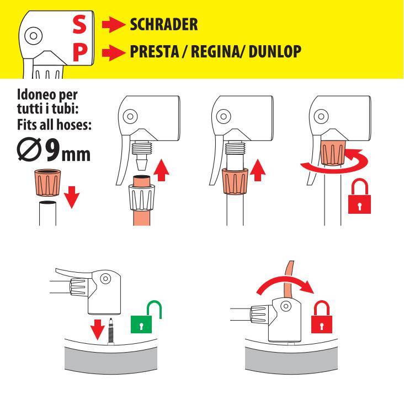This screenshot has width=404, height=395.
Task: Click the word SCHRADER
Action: coord(164,25)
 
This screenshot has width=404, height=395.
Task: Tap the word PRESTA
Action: coord(155,51)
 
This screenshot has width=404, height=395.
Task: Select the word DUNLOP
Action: coord(275,51)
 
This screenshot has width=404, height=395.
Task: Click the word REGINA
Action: coord(215,51)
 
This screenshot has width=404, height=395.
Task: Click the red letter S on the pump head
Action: coord(79,24)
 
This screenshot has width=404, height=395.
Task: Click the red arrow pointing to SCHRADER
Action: coord(113,25)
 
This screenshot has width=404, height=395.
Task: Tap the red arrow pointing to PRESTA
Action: coord(113,53)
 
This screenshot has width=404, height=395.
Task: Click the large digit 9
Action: coord(53,150)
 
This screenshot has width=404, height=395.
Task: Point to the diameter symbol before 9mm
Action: coord(29,150)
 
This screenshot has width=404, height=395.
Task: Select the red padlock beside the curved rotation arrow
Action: coord(359,196)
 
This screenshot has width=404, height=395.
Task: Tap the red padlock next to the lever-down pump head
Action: coord(322,317)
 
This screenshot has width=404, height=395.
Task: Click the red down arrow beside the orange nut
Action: coord(72,197)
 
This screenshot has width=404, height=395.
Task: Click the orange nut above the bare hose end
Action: coord(47,182)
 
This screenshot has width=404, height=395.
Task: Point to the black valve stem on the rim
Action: coord(111,331)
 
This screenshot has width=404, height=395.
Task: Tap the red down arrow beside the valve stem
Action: coord(98,329)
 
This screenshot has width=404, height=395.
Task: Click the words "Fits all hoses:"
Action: coord(55,125)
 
